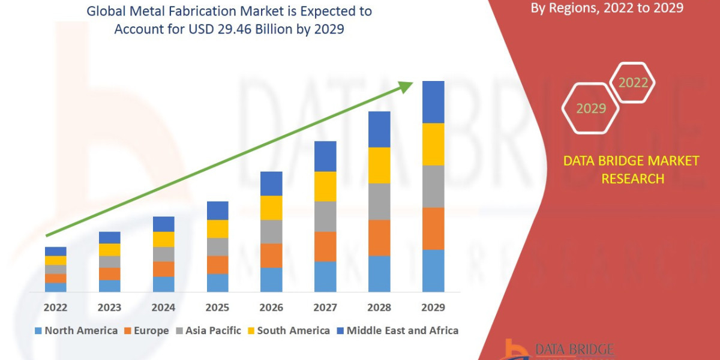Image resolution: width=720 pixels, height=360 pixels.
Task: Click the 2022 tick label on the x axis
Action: click(x=55, y=308)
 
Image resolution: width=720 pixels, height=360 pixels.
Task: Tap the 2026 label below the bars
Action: click(x=271, y=308)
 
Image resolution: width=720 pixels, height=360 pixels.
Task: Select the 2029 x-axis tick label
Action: click(x=433, y=308)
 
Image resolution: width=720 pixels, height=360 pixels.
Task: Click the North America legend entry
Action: click(x=76, y=331)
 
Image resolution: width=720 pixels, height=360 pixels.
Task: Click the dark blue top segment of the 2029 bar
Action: click(x=433, y=102)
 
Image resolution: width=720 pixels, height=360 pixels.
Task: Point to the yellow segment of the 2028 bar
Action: click(x=379, y=165)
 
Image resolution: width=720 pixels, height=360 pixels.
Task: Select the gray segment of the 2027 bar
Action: click(x=325, y=217)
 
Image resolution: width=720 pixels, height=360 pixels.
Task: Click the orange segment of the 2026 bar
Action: click(x=271, y=256)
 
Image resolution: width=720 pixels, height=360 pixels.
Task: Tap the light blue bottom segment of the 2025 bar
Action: click(x=217, y=283)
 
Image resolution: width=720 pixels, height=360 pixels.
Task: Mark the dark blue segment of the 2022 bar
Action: click(x=55, y=251)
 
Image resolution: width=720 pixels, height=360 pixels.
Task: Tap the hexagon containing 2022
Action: click(x=633, y=83)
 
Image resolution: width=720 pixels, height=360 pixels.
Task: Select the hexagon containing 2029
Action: click(x=590, y=109)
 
